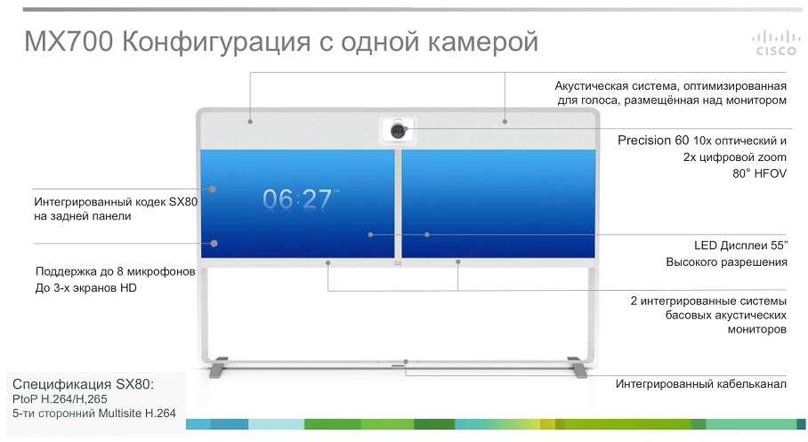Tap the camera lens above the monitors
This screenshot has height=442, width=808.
pos(398,130)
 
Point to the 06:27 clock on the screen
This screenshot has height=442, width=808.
pos(297,199)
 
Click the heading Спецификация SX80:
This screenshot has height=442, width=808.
pos(83,383)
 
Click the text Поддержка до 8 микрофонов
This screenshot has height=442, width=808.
pos(115,271)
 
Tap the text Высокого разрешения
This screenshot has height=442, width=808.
pos(726,262)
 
